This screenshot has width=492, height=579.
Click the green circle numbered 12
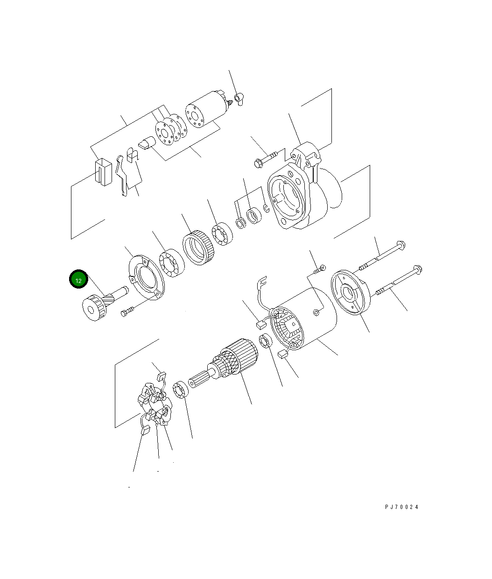(78, 279)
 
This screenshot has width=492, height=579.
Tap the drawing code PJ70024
(401, 507)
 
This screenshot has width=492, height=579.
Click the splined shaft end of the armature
(199, 380)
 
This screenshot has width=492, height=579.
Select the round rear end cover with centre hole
(350, 292)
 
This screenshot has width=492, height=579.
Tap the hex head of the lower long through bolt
(417, 269)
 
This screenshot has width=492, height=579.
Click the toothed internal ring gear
(198, 247)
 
